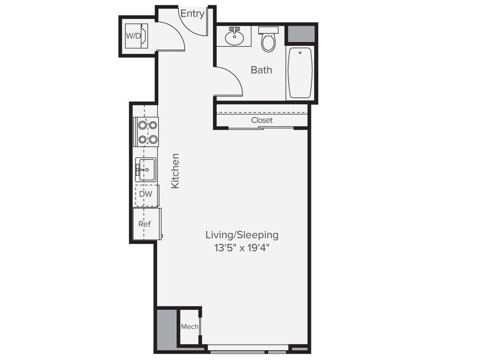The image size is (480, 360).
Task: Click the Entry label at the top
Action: point(192,14)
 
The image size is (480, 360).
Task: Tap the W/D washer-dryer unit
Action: point(136,36)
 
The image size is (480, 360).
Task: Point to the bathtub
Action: point(300,73)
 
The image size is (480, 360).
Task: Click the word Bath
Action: point(261,70)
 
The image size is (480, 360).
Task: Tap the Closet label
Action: point(262,120)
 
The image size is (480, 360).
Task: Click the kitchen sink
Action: point(145,169)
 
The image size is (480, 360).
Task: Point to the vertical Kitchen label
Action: point(175,171)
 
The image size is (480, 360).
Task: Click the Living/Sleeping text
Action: point(242,235)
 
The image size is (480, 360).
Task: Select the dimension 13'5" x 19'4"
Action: point(242,248)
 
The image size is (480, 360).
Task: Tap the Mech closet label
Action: point(189,327)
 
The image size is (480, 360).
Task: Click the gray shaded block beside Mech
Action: point(166,329)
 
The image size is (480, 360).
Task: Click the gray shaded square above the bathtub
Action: point(300,34)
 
